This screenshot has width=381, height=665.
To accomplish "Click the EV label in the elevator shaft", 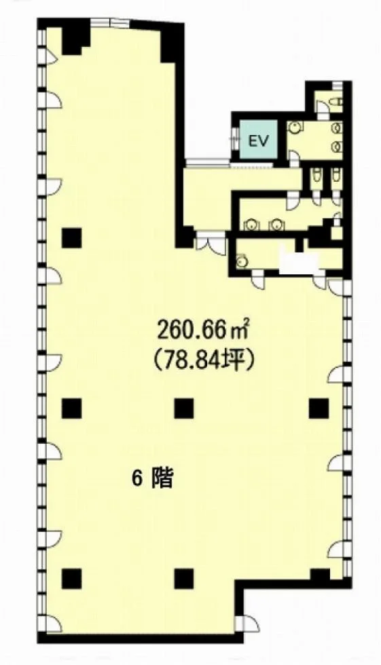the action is pyautogui.click(x=258, y=141).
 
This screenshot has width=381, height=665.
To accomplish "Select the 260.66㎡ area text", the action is pyautogui.click(x=203, y=330).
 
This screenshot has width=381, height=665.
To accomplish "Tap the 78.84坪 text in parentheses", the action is pyautogui.click(x=203, y=362).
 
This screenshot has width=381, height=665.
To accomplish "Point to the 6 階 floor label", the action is pyautogui.click(x=152, y=479).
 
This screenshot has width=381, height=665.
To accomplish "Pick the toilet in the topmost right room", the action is pyautogui.click(x=338, y=102).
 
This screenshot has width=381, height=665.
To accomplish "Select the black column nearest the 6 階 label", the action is pyautogui.click(x=184, y=408).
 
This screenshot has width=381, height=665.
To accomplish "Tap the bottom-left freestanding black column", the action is pyautogui.click(x=71, y=579).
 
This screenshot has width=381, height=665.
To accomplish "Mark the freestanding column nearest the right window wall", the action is pyautogui.click(x=319, y=408).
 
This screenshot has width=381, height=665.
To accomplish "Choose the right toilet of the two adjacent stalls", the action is pyautogui.click(x=335, y=174).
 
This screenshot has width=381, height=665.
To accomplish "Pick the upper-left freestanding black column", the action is pyautogui.click(x=71, y=237).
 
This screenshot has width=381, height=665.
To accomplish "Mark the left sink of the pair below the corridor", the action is pyautogui.click(x=251, y=224).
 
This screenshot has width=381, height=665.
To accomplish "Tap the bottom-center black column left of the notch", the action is pyautogui.click(x=184, y=579).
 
